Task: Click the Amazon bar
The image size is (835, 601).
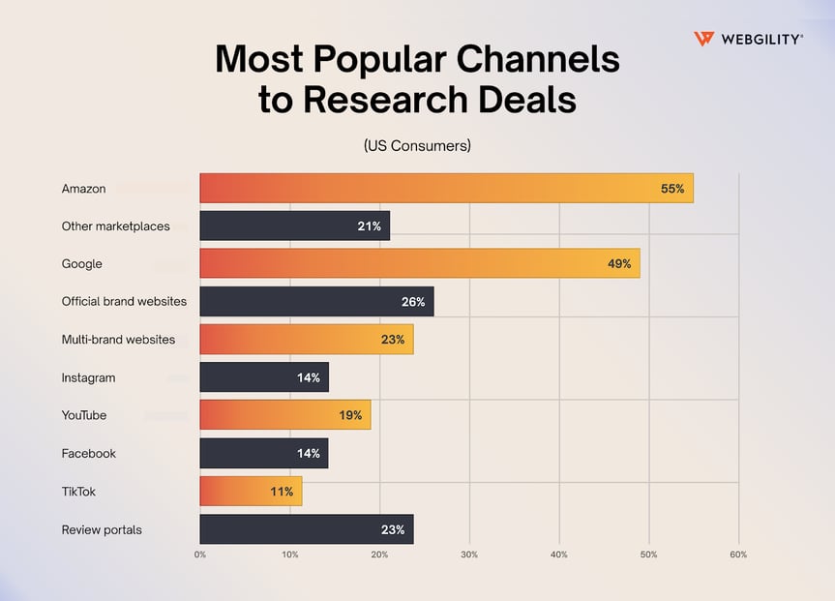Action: click(446, 189)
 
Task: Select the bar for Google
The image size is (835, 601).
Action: click(419, 263)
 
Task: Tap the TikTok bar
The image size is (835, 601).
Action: click(251, 491)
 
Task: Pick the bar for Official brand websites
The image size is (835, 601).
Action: click(316, 301)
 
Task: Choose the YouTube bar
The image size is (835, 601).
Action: click(284, 415)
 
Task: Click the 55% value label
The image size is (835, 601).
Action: click(671, 189)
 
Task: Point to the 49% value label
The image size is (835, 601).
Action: click(619, 263)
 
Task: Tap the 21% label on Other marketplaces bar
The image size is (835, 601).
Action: click(369, 226)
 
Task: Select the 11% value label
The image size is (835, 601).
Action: click(282, 492)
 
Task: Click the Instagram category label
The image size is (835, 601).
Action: click(88, 377)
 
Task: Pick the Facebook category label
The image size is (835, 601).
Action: click(88, 453)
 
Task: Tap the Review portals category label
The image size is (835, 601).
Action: click(101, 529)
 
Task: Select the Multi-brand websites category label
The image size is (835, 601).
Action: click(118, 340)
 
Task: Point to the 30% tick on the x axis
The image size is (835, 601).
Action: click(469, 555)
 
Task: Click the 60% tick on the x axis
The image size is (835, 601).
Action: click(738, 555)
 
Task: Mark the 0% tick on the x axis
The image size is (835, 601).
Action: click(200, 555)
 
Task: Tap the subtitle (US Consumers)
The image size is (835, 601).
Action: click(417, 146)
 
